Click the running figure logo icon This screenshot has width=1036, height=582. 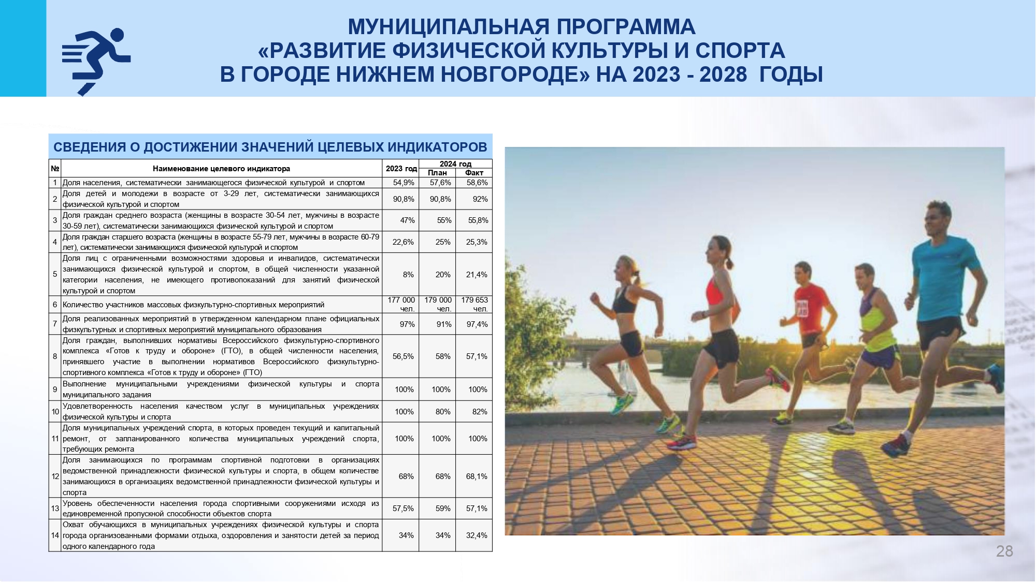click(96, 62)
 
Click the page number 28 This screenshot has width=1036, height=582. click(1004, 551)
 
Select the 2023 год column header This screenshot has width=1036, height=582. click(401, 169)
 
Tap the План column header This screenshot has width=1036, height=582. click(437, 173)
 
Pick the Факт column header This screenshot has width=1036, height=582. click(474, 173)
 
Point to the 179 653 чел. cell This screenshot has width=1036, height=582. click(474, 304)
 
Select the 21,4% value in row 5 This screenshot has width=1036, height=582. click(477, 275)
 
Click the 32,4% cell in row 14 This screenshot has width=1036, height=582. click(477, 535)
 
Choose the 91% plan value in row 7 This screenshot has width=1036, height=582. click(444, 324)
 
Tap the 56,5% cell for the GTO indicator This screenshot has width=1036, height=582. click(403, 356)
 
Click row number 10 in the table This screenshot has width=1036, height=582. click(55, 412)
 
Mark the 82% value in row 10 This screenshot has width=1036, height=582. click(480, 412)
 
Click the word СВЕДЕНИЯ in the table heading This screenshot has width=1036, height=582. click(90, 147)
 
